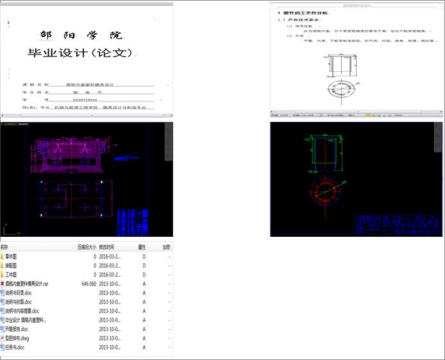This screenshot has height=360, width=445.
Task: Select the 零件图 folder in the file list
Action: tap(11, 256)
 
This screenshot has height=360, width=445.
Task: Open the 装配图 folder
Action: tap(11, 265)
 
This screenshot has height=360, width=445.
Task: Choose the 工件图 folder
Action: tap(11, 274)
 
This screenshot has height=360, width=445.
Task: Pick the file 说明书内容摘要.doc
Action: tap(22, 311)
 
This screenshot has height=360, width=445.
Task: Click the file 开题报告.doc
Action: tap(18, 329)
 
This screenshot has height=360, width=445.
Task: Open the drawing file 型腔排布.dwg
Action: tap(18, 338)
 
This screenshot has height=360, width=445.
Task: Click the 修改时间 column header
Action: tap(106, 247)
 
